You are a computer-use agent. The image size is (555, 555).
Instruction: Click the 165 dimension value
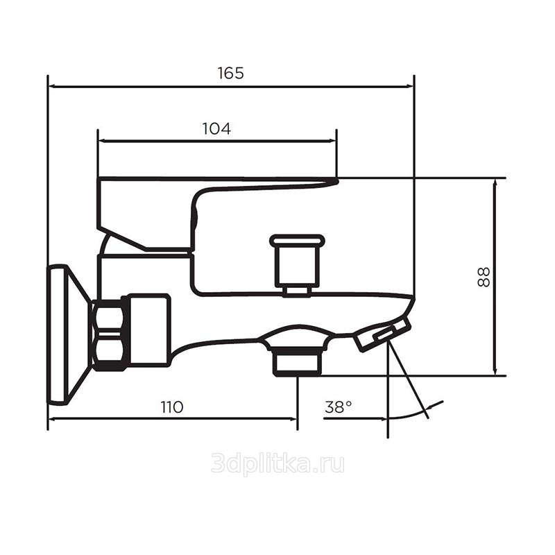[231, 73]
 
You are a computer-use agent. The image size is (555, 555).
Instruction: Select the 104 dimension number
[216, 128]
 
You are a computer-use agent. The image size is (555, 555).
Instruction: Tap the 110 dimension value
[172, 407]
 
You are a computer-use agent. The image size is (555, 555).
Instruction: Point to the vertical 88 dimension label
[484, 277]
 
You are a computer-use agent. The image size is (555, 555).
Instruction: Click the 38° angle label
[339, 407]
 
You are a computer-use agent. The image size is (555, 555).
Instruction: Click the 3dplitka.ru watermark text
[278, 463]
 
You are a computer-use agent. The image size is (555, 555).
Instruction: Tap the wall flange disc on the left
[58, 334]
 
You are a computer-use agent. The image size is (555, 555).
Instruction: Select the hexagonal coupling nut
[109, 334]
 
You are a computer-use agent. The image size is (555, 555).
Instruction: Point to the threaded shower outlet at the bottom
[298, 360]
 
